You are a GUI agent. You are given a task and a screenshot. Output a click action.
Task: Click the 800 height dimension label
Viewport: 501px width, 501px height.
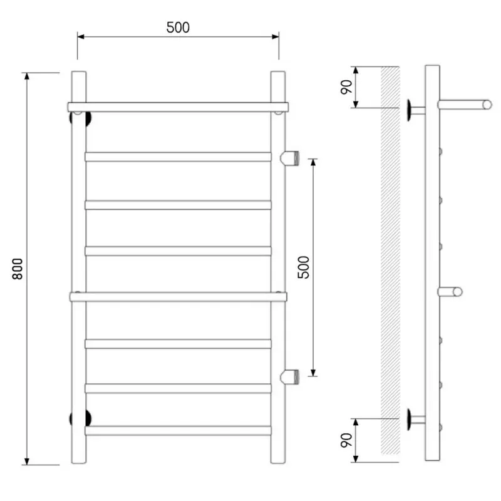point(18,269)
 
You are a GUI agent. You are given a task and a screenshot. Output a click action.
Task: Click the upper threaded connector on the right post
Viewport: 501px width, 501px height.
point(289,158)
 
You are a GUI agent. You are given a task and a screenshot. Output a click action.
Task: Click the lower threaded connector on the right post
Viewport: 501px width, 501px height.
point(289,376)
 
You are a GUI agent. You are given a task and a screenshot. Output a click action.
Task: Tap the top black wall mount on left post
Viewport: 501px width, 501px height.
point(80,118)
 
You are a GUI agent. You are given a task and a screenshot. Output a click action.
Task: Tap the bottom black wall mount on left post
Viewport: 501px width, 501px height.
point(80,418)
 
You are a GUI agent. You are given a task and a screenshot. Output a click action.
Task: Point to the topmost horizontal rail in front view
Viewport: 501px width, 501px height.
point(178,107)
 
